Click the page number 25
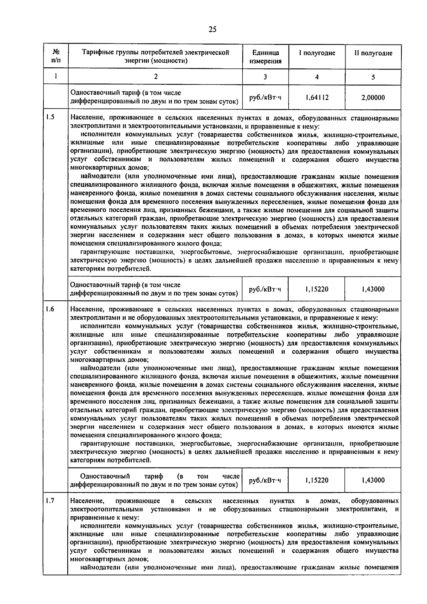[x=212, y=30]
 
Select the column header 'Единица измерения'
[x=265, y=57]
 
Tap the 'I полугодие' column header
[x=317, y=53]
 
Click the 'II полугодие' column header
[x=373, y=53]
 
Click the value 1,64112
[x=317, y=97]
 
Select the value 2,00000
[x=373, y=97]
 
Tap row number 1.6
[x=50, y=309]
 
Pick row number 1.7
[x=50, y=501]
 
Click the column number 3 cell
[x=265, y=77]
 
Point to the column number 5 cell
[x=373, y=77]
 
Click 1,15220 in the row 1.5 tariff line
[x=317, y=289]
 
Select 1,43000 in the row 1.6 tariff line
[x=373, y=480]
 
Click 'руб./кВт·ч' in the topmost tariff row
[x=265, y=97]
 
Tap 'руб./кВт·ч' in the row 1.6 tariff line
[x=265, y=480]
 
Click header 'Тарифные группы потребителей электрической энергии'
[x=155, y=57]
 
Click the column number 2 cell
[x=155, y=77]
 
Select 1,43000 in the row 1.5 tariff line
[x=373, y=289]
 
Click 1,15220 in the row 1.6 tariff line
[x=317, y=480]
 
